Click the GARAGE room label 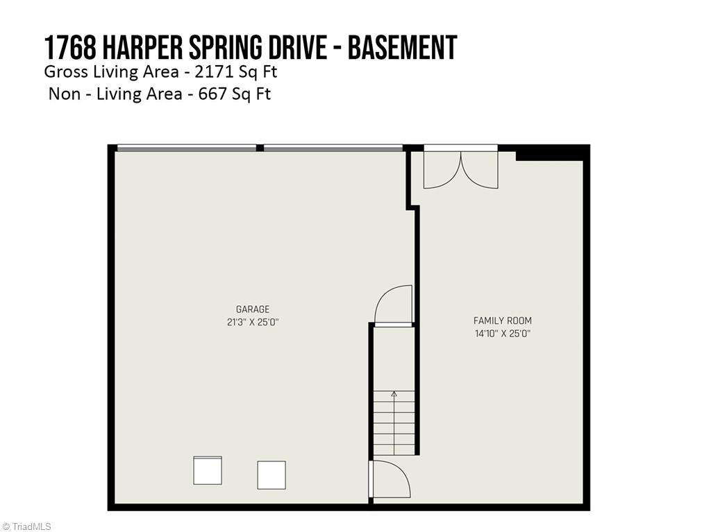coord(252,309)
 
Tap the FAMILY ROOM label coord(502,320)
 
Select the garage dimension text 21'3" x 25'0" coord(252,322)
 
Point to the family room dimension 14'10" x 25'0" coord(502,334)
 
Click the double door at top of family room coord(460,169)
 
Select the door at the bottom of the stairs coord(391,479)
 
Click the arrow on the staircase coord(394,395)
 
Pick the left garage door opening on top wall coord(186,148)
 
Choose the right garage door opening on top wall coord(333,148)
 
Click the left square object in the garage coord(208,470)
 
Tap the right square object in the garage coord(271,475)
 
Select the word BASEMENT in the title coord(402,48)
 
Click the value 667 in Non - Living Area coord(213,94)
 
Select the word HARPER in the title coord(142,48)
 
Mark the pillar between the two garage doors coord(260,148)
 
